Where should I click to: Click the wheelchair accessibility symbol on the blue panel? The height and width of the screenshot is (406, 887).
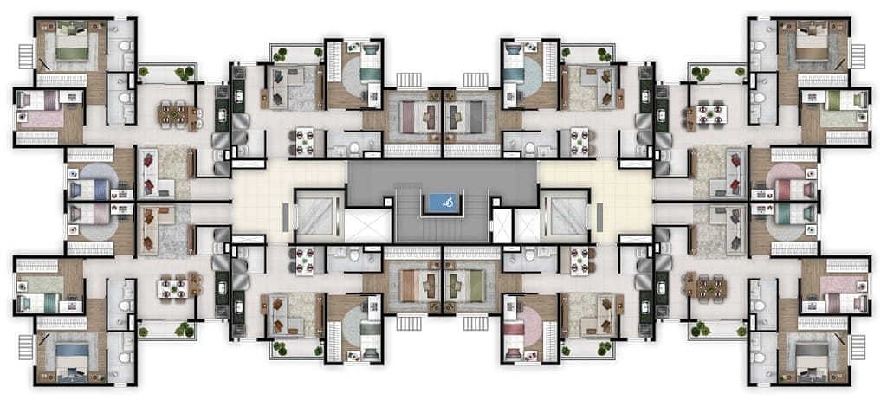click(x=443, y=204)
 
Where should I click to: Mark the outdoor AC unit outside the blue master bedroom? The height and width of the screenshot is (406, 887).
click(x=23, y=351)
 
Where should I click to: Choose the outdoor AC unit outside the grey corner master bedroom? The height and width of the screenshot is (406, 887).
click(x=861, y=351)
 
